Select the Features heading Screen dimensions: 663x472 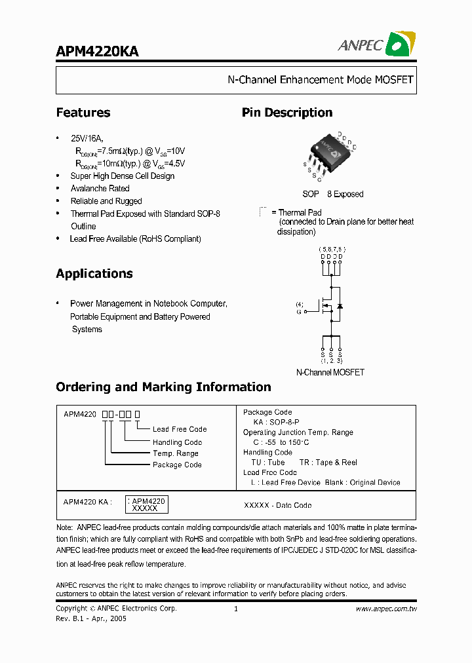pyautogui.click(x=83, y=113)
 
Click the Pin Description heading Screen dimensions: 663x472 pyautogui.click(x=287, y=113)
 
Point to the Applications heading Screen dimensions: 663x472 pyautogui.click(x=94, y=274)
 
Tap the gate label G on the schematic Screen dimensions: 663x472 pyautogui.click(x=299, y=312)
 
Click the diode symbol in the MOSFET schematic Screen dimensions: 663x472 pyautogui.click(x=340, y=306)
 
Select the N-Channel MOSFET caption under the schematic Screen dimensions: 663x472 pyautogui.click(x=330, y=372)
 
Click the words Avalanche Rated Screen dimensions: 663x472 pyautogui.click(x=100, y=189)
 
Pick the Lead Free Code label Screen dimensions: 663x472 pyautogui.click(x=180, y=429)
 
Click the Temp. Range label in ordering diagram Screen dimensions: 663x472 pyautogui.click(x=176, y=453)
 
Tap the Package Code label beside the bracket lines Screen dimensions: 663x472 pyautogui.click(x=177, y=465)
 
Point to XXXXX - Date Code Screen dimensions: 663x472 pyautogui.click(x=278, y=505)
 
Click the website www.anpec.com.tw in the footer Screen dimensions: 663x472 pyautogui.click(x=386, y=609)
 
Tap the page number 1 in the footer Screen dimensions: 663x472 pyautogui.click(x=235, y=609)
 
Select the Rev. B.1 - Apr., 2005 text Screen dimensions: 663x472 pyautogui.click(x=91, y=618)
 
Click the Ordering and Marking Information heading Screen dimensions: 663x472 pyautogui.click(x=163, y=387)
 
